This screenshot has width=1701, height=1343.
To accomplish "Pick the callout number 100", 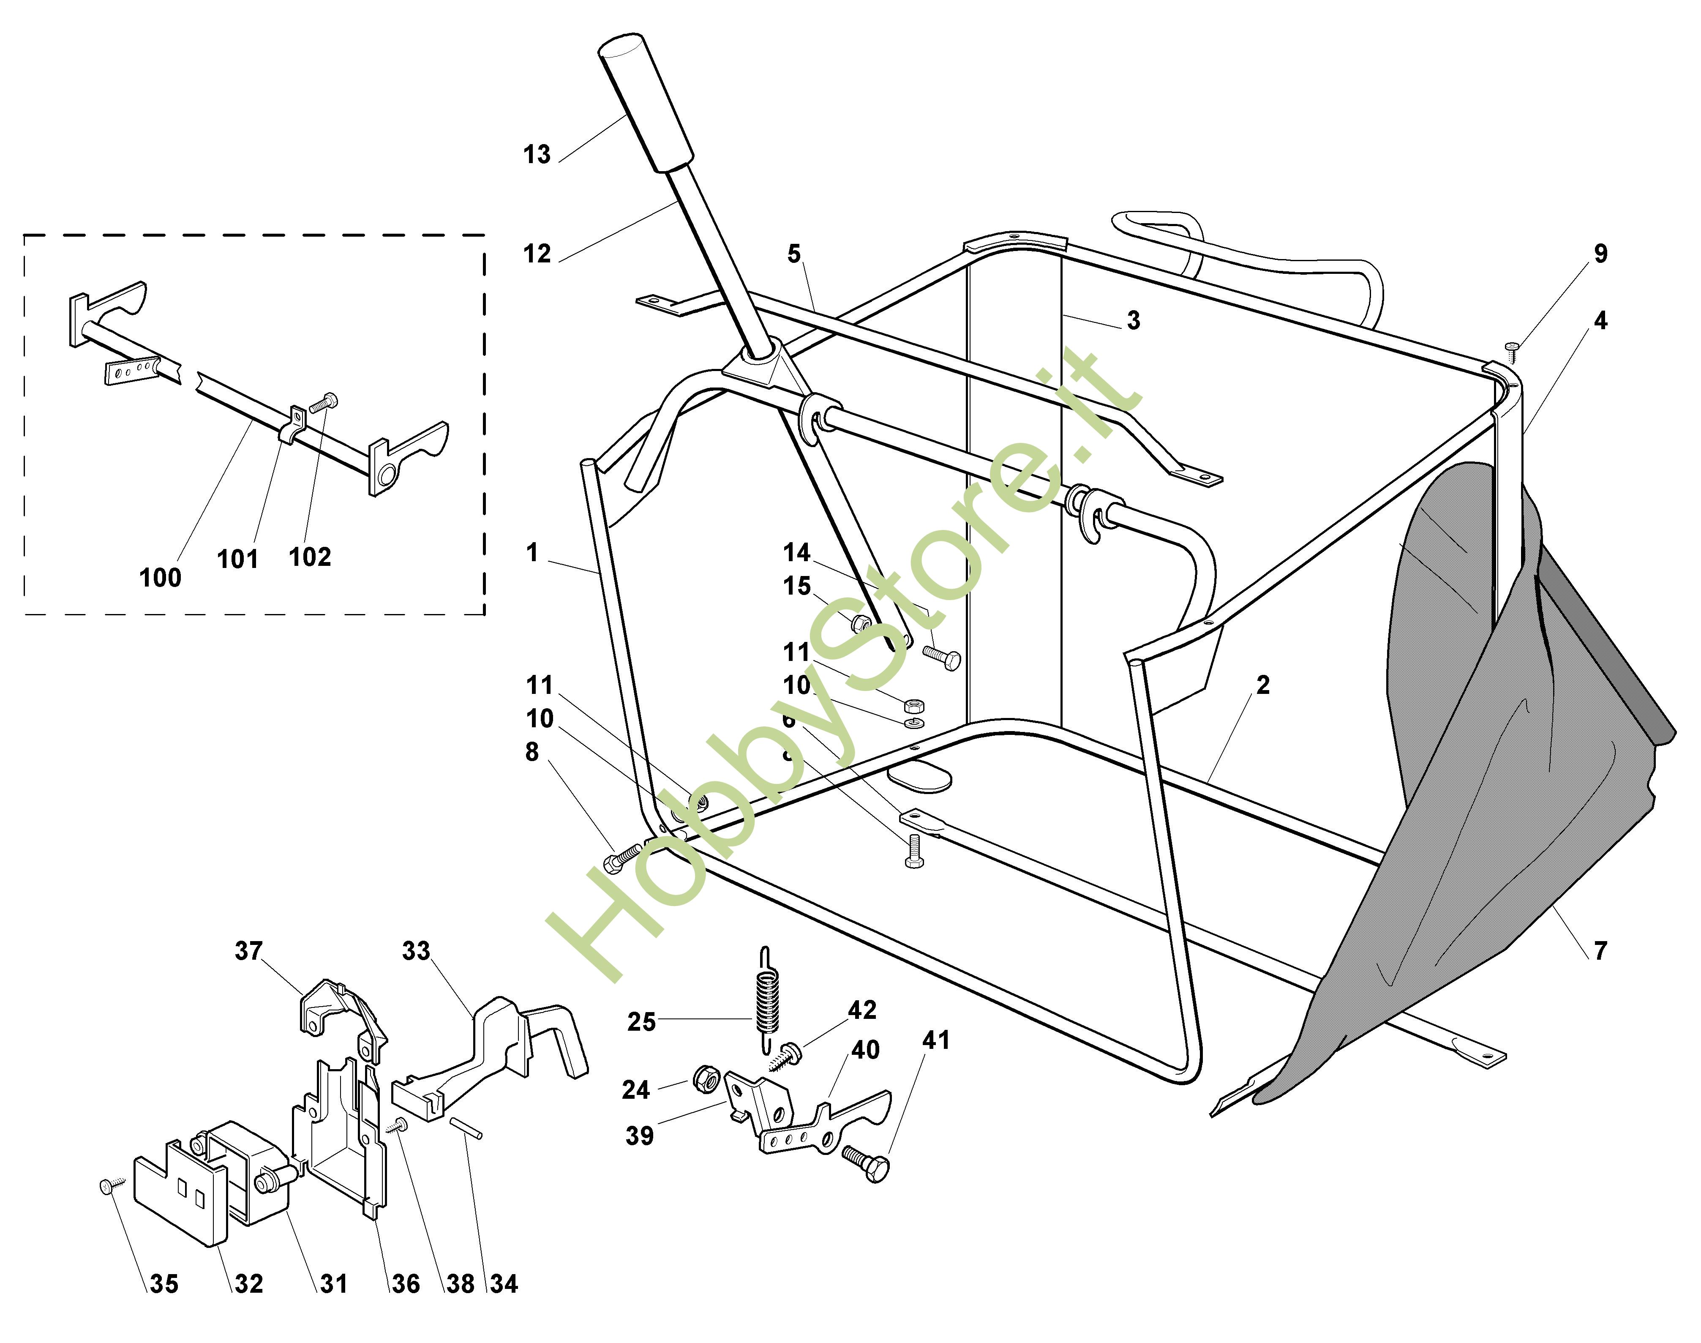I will [161, 578].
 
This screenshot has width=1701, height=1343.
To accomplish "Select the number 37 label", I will [248, 951].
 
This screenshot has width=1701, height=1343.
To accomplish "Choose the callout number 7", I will [1600, 951].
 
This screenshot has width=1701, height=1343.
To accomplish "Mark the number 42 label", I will [862, 1010].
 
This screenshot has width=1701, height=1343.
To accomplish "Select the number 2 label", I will [1262, 685].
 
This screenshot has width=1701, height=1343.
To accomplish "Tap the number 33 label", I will [416, 951].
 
